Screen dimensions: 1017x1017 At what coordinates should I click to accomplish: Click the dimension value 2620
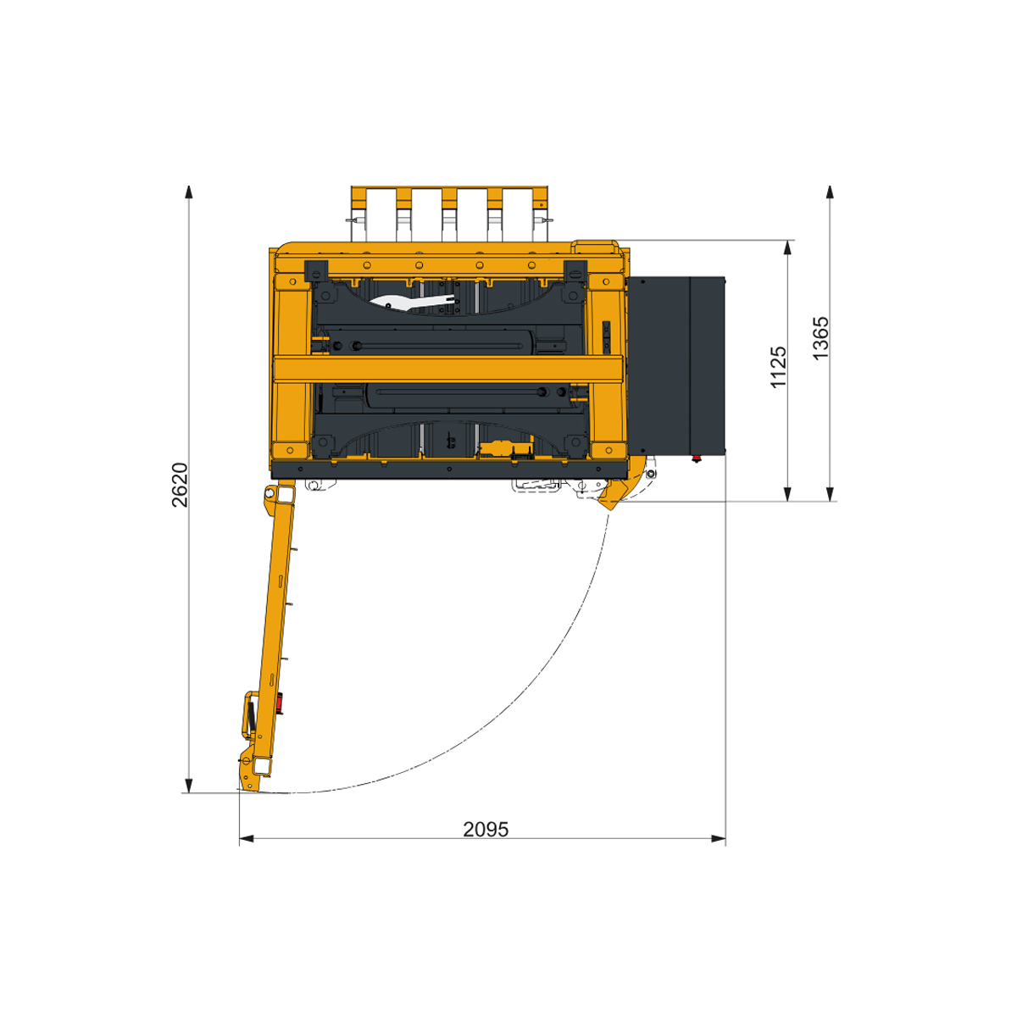[180, 485]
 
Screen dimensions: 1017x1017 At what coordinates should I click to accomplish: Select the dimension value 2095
[486, 829]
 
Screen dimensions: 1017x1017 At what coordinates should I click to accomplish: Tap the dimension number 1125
[779, 367]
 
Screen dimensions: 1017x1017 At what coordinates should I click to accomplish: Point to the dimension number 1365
[820, 339]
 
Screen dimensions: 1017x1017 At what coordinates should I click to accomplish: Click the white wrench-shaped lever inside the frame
[412, 302]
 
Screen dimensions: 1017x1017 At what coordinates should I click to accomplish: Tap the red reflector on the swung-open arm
[280, 703]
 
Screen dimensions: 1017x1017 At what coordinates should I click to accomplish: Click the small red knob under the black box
[697, 458]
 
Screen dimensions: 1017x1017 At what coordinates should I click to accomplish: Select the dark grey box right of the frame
[676, 364]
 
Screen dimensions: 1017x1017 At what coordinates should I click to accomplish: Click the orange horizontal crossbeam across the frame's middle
[448, 369]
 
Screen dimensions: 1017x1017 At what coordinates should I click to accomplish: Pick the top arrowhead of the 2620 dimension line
[188, 192]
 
